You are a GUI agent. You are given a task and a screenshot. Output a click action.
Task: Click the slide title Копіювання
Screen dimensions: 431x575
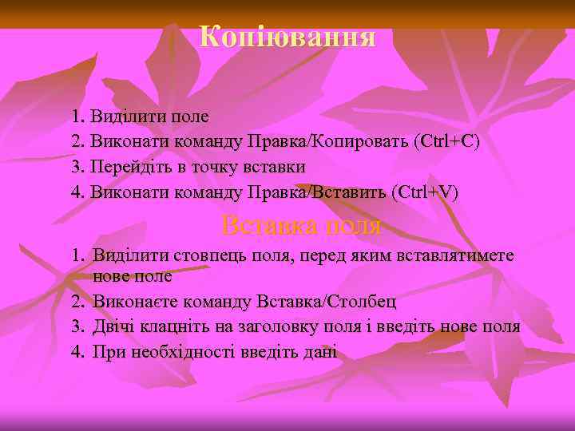coord(287,36)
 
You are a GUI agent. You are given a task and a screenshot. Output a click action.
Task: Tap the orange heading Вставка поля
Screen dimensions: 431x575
coord(301,226)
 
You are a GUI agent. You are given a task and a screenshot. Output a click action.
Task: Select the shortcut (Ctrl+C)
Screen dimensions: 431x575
coord(447,142)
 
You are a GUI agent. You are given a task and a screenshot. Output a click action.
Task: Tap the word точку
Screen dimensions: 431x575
coord(212,168)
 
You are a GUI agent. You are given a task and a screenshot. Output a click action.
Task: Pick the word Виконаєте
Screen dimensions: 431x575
coord(133,302)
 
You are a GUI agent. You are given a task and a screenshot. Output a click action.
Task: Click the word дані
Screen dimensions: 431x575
coord(320,352)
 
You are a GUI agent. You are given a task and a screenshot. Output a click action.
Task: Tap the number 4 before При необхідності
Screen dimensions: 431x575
coord(77,352)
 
